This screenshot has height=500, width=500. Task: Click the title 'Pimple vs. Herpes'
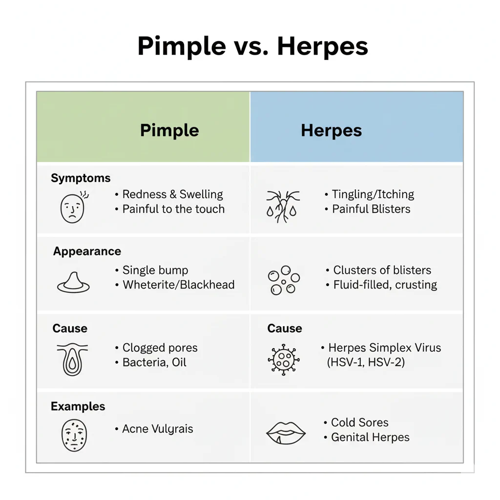pos(252,47)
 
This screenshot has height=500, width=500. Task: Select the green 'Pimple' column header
pos(169,130)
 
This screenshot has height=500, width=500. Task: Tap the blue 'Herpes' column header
pos(331,130)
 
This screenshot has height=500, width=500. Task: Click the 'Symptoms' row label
pos(81,178)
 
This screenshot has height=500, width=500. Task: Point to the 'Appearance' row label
pos(87,251)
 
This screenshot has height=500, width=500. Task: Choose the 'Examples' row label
pos(78,406)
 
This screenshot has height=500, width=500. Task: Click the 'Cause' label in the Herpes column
pos(285,329)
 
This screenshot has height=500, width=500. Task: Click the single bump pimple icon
pos(73,282)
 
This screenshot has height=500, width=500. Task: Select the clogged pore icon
pos(72,359)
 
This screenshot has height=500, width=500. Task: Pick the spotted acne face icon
pos(74,435)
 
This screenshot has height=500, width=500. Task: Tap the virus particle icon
pos(283,359)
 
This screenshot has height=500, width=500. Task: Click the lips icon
pos(286,434)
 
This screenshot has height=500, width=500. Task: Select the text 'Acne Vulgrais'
pos(157,429)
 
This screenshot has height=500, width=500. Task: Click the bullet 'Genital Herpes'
pos(370,437)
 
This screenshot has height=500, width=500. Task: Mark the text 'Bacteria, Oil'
pos(154,363)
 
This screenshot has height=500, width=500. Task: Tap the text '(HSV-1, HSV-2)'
pos(365,363)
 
